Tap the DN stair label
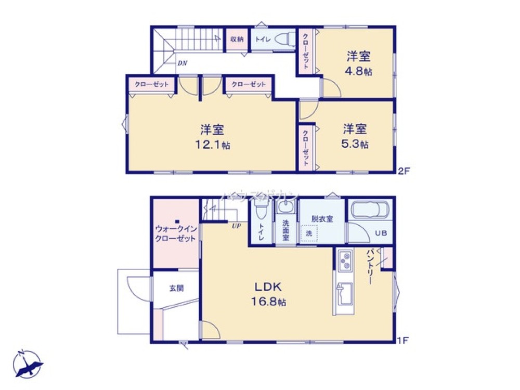tap(182, 63)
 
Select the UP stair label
tap(236, 225)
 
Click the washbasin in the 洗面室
tap(285, 209)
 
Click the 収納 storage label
tap(237, 40)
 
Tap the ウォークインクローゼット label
tap(175, 233)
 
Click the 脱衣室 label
tap(322, 219)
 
